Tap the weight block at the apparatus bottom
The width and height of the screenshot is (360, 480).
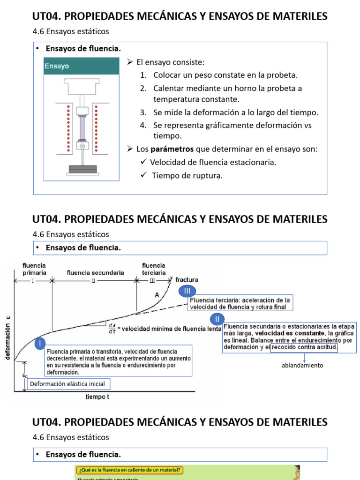tap(82, 169)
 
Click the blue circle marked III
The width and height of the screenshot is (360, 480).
tap(187, 292)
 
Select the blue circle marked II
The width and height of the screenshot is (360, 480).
tap(217, 320)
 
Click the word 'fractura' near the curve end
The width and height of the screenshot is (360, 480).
tap(187, 279)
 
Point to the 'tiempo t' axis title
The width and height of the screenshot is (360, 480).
tap(97, 397)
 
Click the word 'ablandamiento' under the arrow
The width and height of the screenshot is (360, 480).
tap(302, 365)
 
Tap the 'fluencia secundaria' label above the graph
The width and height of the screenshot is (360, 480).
tap(95, 272)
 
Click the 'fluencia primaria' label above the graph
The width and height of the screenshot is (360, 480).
tap(34, 269)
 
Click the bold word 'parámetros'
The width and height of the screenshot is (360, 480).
tap(178, 149)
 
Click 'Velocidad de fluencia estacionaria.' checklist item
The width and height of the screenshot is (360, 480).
tap(213, 162)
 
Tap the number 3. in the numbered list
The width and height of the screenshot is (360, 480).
tap(143, 112)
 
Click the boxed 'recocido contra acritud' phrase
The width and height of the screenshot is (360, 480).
tap(305, 348)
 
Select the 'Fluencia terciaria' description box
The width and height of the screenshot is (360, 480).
tap(240, 303)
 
